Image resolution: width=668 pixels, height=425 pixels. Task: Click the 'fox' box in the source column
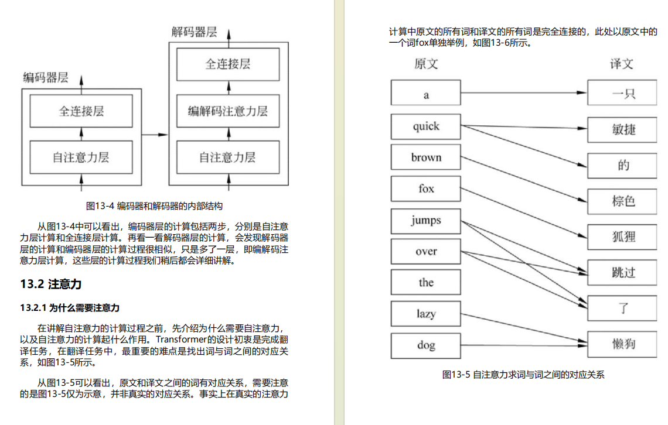pyautogui.click(x=426, y=189)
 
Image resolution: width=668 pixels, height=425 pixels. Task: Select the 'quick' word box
pyautogui.click(x=426, y=126)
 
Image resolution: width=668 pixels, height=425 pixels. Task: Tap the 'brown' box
pyautogui.click(x=426, y=157)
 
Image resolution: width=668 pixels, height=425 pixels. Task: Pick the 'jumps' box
pyautogui.click(x=426, y=221)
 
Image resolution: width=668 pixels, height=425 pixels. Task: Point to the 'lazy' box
pyautogui.click(x=426, y=314)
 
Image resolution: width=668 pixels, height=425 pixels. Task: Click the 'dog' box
pyautogui.click(x=426, y=345)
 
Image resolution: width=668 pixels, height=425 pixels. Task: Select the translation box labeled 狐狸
pyautogui.click(x=623, y=237)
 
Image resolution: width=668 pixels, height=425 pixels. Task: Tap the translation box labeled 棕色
pyautogui.click(x=623, y=201)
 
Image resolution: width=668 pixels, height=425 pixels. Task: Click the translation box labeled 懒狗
pyautogui.click(x=623, y=344)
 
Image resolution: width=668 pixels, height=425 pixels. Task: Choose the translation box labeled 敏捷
pyautogui.click(x=623, y=129)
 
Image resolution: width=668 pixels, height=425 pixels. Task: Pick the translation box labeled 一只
pyautogui.click(x=623, y=94)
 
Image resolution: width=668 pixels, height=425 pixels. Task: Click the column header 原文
pyautogui.click(x=426, y=64)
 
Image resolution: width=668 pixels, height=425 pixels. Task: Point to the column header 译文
pyautogui.click(x=622, y=64)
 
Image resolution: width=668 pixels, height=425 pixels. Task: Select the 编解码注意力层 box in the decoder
pyautogui.click(x=227, y=111)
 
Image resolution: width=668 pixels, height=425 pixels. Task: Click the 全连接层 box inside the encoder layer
pyautogui.click(x=81, y=111)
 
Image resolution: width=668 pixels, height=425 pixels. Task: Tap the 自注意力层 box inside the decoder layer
pyautogui.click(x=227, y=157)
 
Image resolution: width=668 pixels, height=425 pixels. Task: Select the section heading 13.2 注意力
pyautogui.click(x=50, y=285)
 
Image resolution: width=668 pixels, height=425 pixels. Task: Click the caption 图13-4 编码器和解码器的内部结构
pyautogui.click(x=154, y=206)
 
